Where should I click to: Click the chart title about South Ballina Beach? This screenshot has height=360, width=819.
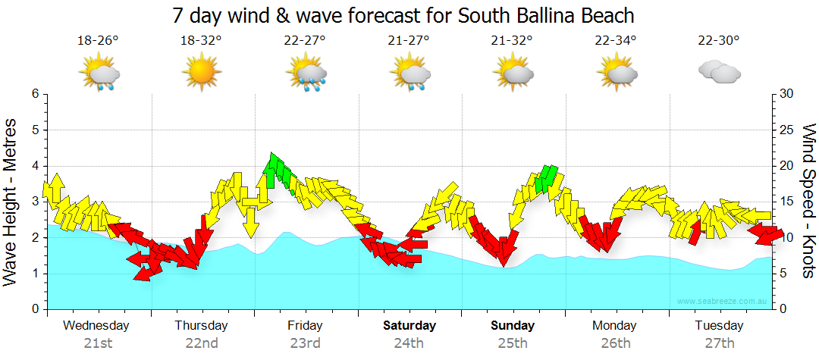(403, 15)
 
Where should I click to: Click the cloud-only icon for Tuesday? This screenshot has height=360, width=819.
(719, 72)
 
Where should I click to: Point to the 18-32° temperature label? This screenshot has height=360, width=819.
(201, 40)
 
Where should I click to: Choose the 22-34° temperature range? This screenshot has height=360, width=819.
(616, 40)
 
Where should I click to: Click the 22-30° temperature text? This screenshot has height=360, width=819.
(719, 40)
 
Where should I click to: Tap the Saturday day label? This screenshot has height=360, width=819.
(409, 326)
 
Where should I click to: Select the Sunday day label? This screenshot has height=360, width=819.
(513, 326)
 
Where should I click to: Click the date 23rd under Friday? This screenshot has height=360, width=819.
(305, 343)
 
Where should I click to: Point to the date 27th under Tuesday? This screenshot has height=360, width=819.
(719, 343)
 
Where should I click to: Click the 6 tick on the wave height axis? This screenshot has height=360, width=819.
(34, 94)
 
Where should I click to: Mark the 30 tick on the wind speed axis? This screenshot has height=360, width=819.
(786, 94)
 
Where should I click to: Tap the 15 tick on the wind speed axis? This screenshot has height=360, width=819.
(786, 202)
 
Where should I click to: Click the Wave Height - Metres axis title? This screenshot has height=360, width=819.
(11, 202)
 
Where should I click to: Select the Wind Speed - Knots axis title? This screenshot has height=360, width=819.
(808, 202)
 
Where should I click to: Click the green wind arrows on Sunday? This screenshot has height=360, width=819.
(547, 178)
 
